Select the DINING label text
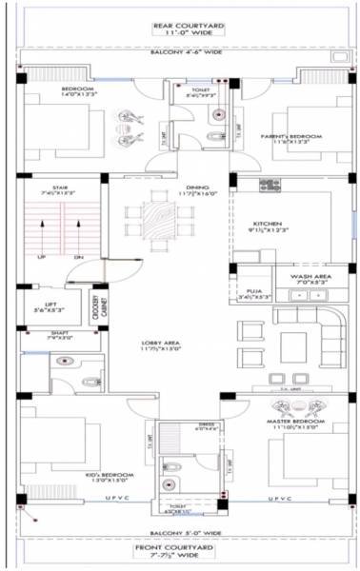[197, 187]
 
